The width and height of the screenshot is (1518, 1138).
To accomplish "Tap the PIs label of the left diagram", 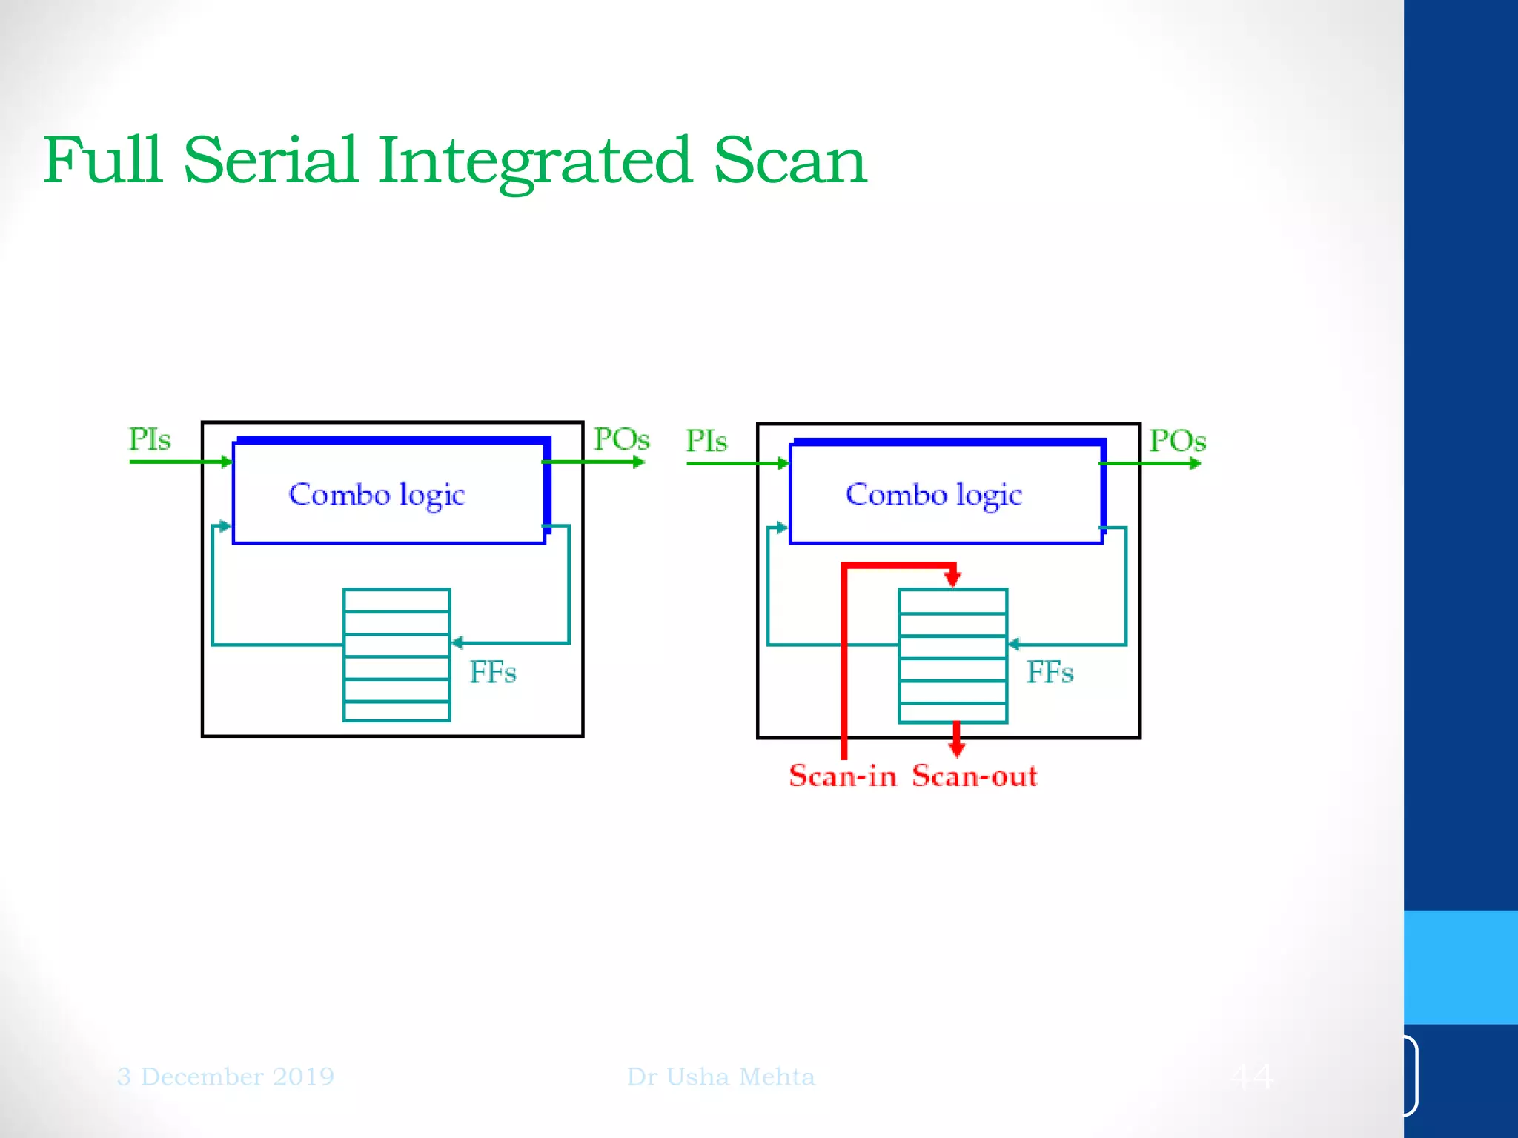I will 150,439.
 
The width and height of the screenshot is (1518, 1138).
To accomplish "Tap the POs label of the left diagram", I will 621,439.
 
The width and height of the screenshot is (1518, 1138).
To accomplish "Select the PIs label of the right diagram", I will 706,441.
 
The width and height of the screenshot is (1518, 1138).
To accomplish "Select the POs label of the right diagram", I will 1177,441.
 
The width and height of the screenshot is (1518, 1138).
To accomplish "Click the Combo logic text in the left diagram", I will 377,495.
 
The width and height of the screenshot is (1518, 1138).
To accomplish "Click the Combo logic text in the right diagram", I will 933,495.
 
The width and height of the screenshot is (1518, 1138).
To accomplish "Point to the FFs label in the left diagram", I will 493,673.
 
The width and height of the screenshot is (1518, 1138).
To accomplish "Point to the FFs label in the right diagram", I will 1050,673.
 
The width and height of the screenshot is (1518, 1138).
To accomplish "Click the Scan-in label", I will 843,776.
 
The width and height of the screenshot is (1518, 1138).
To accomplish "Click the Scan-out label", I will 974,776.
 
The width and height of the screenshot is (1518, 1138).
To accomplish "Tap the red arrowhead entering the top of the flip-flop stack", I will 953,578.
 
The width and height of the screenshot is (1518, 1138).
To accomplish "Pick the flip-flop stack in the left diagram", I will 397,655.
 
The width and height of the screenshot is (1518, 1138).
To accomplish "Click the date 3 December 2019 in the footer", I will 225,1077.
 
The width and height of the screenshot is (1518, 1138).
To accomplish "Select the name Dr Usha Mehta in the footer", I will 720,1077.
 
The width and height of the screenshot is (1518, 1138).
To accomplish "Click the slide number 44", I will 1252,1076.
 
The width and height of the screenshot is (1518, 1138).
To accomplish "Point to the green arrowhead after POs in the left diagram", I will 639,462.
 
